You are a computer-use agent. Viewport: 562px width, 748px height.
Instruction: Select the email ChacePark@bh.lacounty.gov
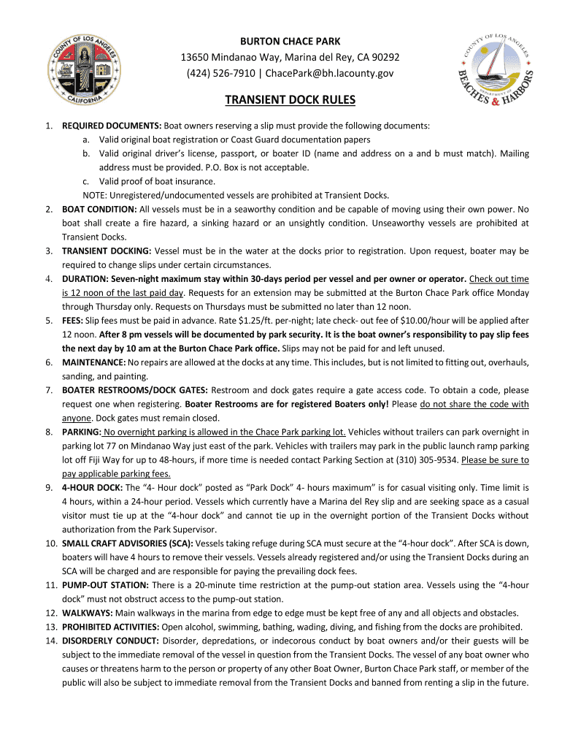pos(330,73)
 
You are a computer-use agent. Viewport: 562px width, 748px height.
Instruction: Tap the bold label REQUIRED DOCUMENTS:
pos(112,126)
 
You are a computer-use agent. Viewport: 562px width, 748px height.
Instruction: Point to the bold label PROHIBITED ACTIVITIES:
pos(114,627)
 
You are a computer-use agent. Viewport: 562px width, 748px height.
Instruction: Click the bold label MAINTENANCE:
pos(94,362)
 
